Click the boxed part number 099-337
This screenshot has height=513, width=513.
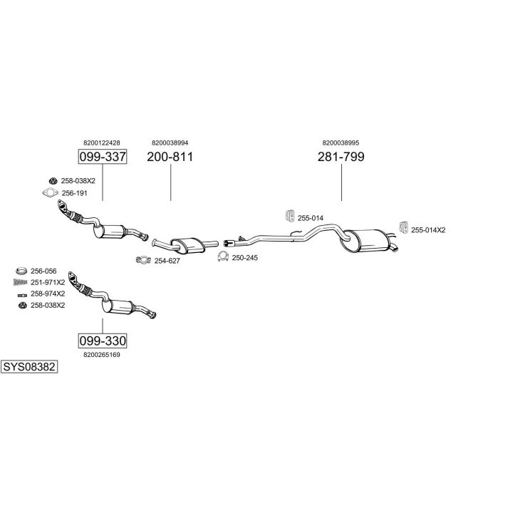click(101, 157)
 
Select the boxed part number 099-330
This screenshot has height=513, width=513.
click(102, 340)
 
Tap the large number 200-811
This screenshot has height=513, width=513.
click(170, 157)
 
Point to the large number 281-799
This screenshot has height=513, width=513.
click(341, 157)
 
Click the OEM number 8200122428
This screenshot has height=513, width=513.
click(101, 142)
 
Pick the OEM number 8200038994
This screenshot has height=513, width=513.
click(170, 142)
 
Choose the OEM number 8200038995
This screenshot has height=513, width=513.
click(341, 142)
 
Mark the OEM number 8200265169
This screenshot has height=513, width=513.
click(102, 354)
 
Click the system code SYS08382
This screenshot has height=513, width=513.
click(29, 367)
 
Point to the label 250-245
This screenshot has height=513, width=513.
click(245, 257)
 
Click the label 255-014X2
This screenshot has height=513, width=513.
click(428, 229)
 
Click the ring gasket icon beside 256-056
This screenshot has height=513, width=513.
click(21, 271)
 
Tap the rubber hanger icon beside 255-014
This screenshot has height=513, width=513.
click(289, 216)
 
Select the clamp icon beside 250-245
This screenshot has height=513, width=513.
click(222, 256)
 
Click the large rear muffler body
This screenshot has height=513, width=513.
click(366, 240)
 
